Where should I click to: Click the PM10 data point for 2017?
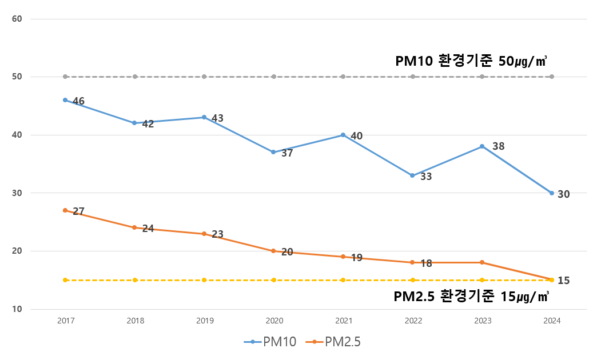coord(65,100)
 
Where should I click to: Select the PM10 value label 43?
coord(217,118)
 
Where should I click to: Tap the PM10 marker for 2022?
coord(412,175)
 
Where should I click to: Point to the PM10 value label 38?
coord(498,146)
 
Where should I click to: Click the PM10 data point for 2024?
coord(552,193)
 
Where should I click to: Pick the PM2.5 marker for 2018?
coord(134,227)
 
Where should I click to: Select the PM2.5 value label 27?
coord(78,211)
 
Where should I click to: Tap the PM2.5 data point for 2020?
coord(273,251)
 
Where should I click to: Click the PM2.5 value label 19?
coord(356,258)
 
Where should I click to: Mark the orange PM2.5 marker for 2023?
coord(482,262)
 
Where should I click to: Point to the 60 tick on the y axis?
coord(17,19)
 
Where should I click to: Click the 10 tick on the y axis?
coord(17,309)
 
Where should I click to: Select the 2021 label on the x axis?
coord(343,321)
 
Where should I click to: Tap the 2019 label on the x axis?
coord(204,321)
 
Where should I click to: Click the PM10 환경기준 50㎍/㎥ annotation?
coord(471,61)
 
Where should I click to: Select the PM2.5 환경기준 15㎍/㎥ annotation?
coord(471,297)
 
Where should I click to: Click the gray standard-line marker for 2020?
coord(273,77)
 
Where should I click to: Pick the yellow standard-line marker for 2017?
coord(65,280)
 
